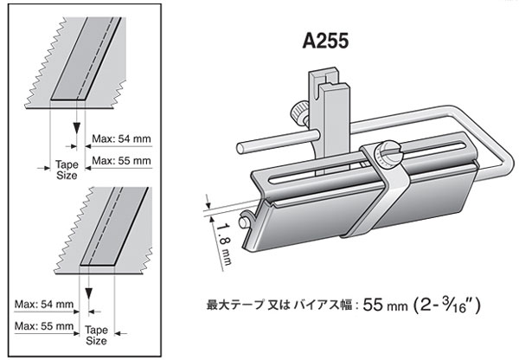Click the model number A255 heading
pyautogui.click(x=328, y=42)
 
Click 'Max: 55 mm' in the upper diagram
pyautogui.click(x=121, y=160)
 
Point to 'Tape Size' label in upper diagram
pyautogui.click(x=66, y=169)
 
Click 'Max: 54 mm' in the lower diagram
pyautogui.click(x=42, y=304)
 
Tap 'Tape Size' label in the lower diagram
pyautogui.click(x=98, y=336)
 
